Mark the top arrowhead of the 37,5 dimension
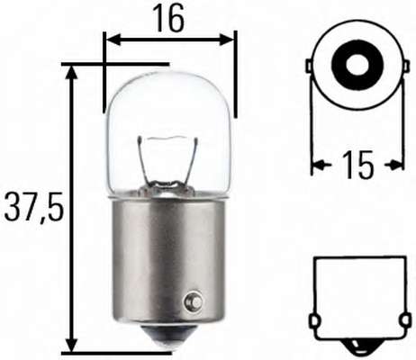click(71, 70)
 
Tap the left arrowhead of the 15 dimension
click(317, 165)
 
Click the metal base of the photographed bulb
click(168, 261)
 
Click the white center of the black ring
click(354, 66)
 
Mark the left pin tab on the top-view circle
click(310, 67)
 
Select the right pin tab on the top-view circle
click(398, 67)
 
